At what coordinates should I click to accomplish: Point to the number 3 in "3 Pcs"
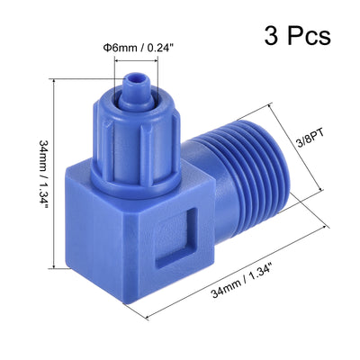tap(271, 35)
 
